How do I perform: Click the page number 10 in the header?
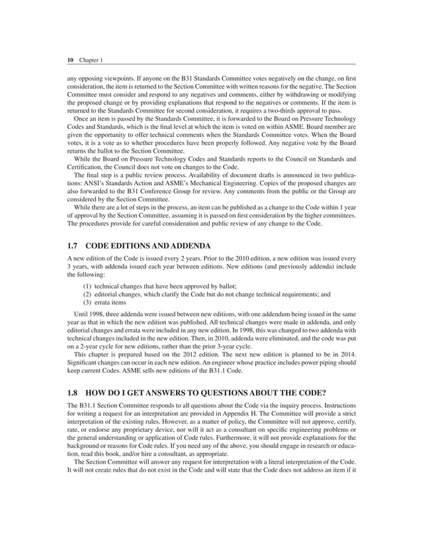(x=71, y=60)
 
